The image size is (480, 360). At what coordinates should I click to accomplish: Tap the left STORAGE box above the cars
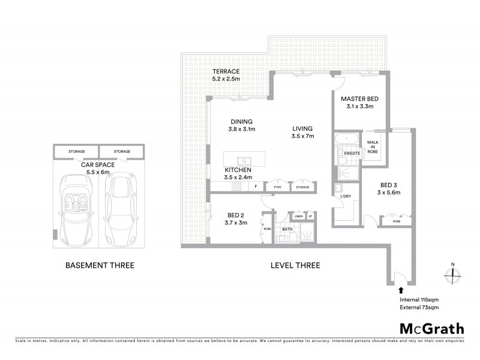tap(76, 152)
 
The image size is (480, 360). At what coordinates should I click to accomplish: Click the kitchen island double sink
tap(244, 161)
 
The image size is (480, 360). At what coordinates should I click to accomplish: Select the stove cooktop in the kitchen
tap(234, 187)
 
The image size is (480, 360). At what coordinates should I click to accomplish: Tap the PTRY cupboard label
tap(277, 187)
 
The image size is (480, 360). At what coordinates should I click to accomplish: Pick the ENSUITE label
tap(353, 154)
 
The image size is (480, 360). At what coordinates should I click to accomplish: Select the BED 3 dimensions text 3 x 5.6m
tap(389, 193)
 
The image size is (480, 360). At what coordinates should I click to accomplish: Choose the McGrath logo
tap(431, 328)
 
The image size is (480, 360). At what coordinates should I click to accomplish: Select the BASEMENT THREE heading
tap(99, 265)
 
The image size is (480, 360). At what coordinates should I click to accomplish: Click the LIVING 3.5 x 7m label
tap(303, 132)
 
